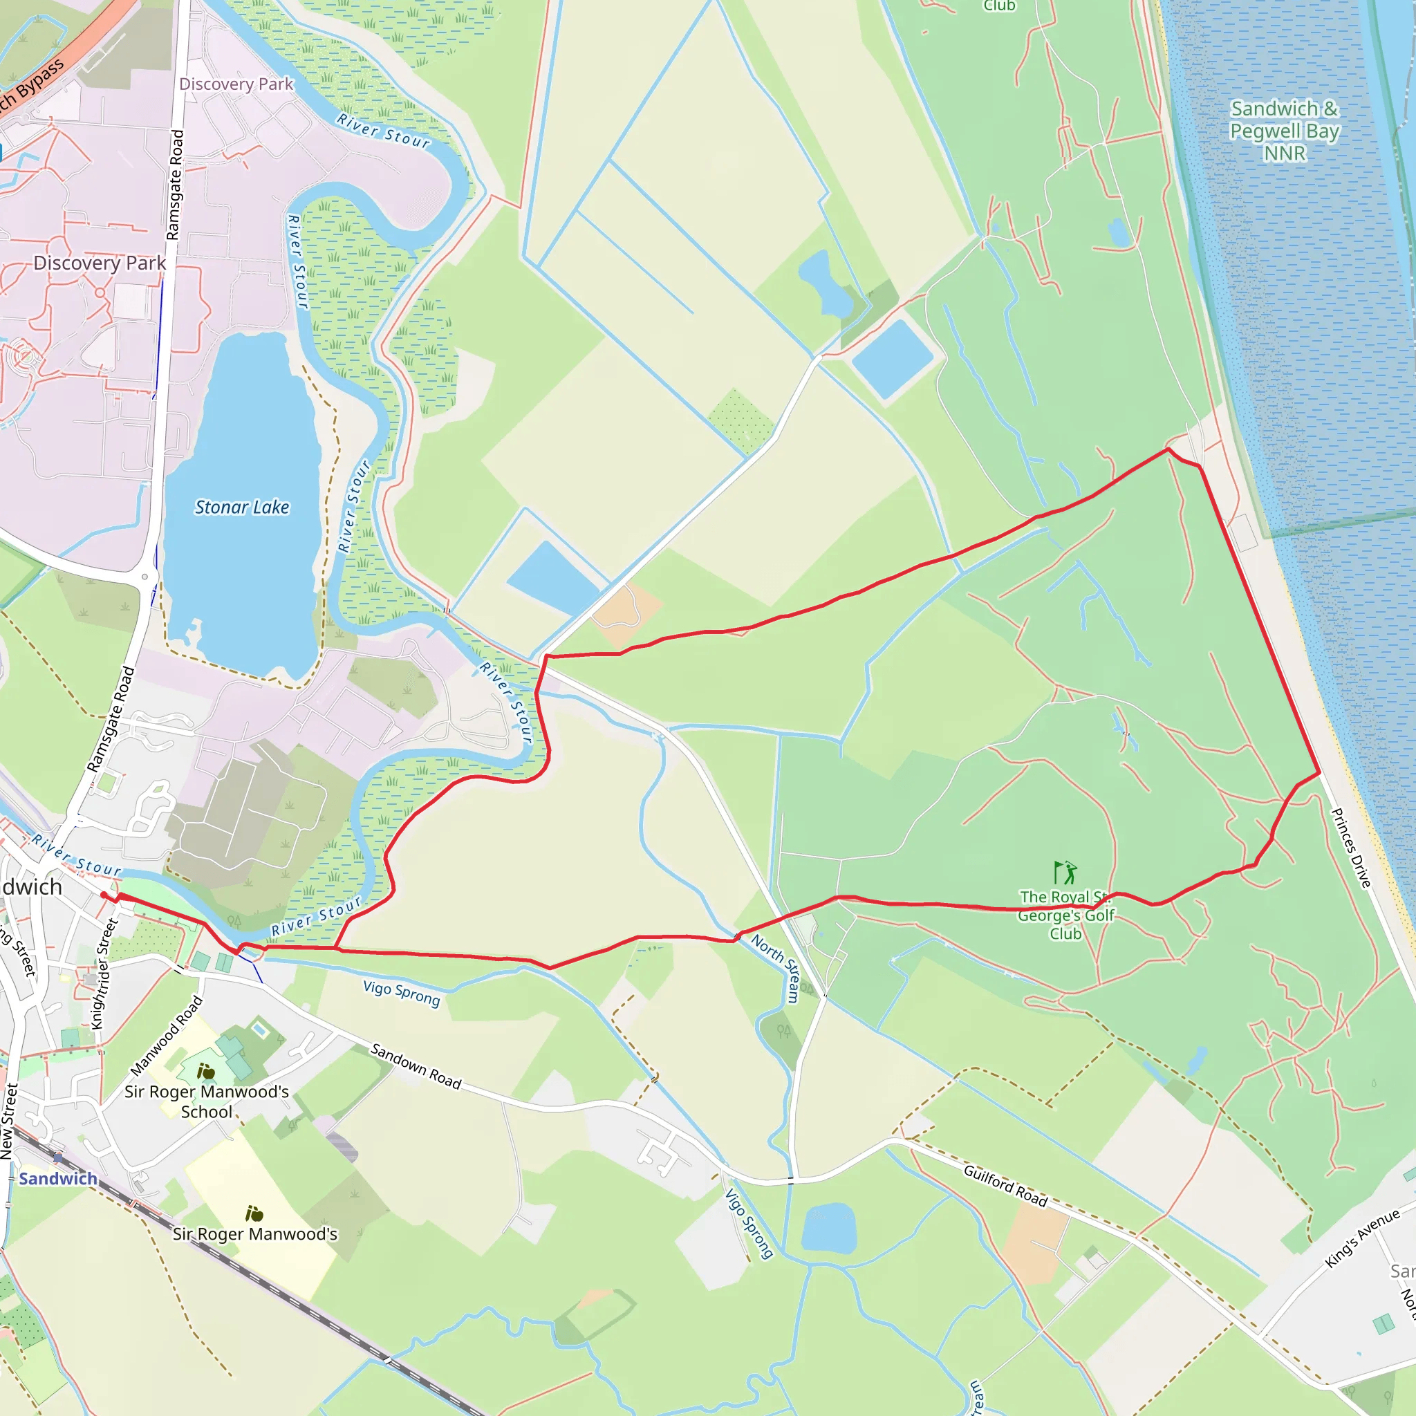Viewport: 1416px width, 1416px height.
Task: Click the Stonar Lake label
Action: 242,507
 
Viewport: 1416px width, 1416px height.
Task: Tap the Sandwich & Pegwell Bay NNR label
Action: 1284,131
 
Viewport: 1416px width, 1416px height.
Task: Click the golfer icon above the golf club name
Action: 1065,873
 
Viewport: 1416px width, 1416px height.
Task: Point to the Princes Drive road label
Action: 1350,848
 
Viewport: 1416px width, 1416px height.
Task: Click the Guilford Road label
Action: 1005,1186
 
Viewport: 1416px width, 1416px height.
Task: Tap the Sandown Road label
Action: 416,1066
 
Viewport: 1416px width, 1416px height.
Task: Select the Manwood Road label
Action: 167,1036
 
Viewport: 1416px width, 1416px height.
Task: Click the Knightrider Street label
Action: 105,974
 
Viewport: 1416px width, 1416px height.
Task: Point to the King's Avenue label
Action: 1363,1238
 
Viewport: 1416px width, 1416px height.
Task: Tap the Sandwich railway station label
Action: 58,1179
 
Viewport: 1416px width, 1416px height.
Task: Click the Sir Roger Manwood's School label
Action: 207,1101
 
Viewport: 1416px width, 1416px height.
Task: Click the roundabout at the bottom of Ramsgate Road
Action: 145,577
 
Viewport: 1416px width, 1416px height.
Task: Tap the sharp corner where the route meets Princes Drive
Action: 1320,772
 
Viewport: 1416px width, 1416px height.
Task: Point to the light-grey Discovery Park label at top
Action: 236,84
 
